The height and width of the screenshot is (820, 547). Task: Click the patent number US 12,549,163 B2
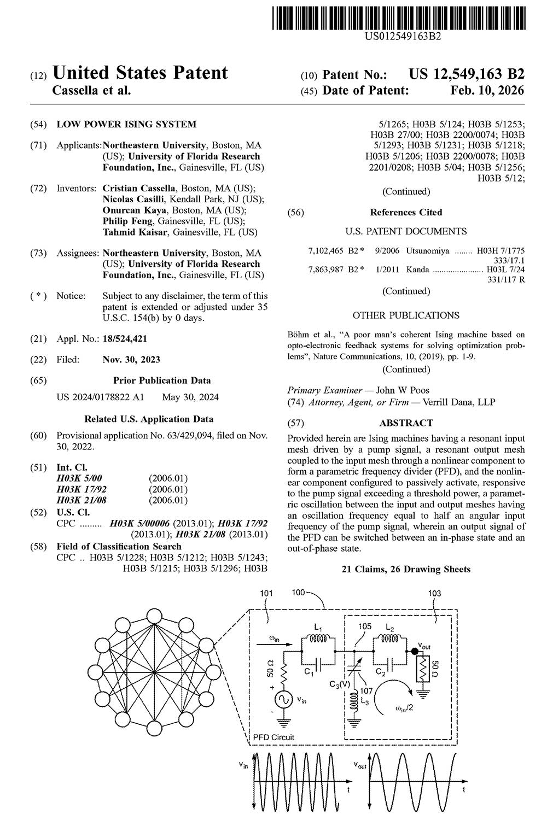pos(466,74)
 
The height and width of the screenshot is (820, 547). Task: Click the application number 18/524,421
pos(125,339)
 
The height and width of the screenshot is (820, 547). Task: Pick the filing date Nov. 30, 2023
pos(131,360)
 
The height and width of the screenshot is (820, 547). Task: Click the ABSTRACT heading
pos(406,423)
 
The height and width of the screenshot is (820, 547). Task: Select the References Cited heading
pos(406,212)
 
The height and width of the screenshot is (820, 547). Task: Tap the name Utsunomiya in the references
pos(427,251)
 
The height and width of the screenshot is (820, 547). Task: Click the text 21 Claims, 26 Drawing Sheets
pos(406,569)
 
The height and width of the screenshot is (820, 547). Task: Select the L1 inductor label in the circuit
pos(318,627)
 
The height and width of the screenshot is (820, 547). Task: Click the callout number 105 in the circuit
pos(365,626)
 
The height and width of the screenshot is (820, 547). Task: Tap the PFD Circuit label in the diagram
pos(273,737)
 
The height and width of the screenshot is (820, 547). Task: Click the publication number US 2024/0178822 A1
pos(100,397)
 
